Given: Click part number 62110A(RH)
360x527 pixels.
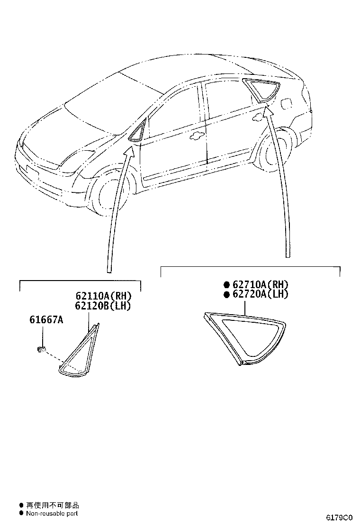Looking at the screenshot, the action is tap(103, 296).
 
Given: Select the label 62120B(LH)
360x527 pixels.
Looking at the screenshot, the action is tap(103, 306).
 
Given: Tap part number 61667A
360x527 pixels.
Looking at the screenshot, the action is tap(46, 319).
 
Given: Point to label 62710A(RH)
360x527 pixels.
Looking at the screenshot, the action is tap(261, 285).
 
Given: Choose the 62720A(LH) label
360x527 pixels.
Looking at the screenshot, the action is tap(261, 294).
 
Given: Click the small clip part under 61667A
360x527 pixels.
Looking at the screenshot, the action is tap(41, 349).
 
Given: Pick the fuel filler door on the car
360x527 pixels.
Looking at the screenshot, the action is tap(286, 102).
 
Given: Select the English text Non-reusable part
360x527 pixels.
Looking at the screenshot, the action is tap(52, 513).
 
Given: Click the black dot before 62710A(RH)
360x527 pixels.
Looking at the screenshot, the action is tap(227, 285).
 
